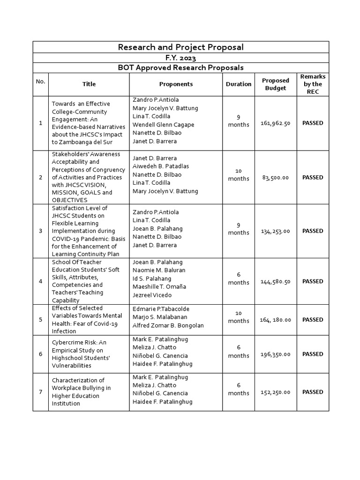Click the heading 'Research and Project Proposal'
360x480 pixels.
pos(180,47)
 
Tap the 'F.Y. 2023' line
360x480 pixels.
pos(180,58)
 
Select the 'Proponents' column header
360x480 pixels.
pos(176,84)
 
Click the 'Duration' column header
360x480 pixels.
pos(239,84)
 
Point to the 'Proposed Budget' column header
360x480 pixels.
pos(275,84)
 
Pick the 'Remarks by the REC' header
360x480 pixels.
pos(313,84)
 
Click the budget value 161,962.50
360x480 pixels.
pos(275,123)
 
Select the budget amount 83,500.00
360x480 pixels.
pos(275,178)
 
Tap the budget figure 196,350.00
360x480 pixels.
pos(275,354)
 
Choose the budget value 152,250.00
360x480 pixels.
pos(275,392)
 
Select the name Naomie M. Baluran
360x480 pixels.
pos(159,270)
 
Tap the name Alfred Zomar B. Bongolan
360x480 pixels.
pos(168,325)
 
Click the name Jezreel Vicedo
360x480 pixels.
pos(152,295)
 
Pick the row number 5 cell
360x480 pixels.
pos(40,320)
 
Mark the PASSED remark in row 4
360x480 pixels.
pos(313,282)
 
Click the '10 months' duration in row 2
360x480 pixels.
pos(239,175)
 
